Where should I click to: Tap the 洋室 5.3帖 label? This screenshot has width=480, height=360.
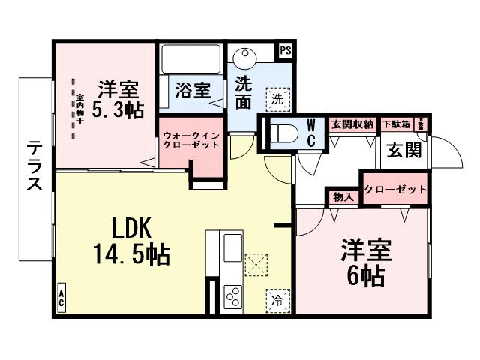(118, 98)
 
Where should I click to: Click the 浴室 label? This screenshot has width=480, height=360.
(192, 91)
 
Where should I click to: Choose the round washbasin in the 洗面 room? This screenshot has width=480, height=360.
(244, 58)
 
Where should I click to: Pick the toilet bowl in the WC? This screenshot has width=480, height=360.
(283, 134)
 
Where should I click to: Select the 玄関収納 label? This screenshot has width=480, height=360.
(352, 124)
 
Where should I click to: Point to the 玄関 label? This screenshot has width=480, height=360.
(403, 149)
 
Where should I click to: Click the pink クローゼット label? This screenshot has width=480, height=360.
(394, 190)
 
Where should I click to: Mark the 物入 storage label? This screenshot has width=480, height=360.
(342, 197)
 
